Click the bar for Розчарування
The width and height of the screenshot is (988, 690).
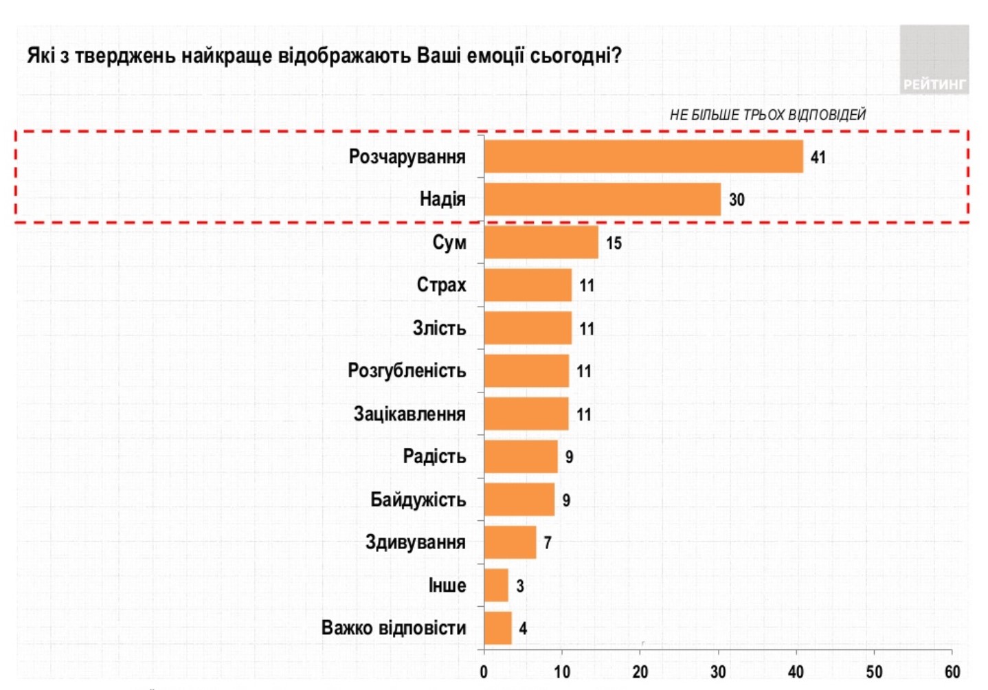click(x=643, y=157)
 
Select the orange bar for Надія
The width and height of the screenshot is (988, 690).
click(x=602, y=199)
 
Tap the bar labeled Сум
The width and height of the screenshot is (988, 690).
click(x=541, y=242)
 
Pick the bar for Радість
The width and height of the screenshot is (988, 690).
click(x=520, y=456)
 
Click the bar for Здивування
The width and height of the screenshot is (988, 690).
click(x=510, y=542)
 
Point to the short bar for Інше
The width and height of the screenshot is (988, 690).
click(x=496, y=585)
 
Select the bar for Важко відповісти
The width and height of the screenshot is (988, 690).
click(x=497, y=627)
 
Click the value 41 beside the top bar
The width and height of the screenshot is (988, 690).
click(x=818, y=157)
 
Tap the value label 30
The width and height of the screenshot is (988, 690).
click(x=736, y=200)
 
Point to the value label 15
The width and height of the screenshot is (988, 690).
click(x=614, y=243)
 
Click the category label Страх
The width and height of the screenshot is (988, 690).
click(x=441, y=285)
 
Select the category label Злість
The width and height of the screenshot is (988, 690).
click(x=439, y=328)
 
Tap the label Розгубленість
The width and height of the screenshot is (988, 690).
click(x=407, y=371)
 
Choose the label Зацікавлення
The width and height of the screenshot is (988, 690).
click(x=409, y=414)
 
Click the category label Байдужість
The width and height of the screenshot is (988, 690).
click(x=418, y=500)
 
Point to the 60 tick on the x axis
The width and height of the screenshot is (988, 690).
click(x=952, y=671)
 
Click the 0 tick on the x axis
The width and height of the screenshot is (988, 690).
click(x=484, y=671)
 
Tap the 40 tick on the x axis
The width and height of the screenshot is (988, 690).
click(x=796, y=671)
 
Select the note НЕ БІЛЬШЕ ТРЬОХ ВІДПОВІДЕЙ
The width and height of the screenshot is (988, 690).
click(x=767, y=115)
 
